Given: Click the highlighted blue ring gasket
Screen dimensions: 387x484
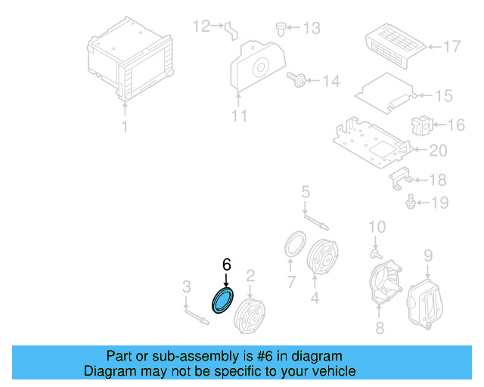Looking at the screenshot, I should point(223,300).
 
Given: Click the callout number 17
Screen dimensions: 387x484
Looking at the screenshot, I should point(451,47).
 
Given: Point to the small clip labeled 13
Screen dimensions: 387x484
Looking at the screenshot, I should point(280,29).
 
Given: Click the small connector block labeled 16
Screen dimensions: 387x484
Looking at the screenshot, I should point(420,125).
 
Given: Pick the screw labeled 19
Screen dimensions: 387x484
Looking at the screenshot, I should point(411,201).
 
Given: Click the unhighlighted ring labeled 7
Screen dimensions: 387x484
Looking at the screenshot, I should point(293,246).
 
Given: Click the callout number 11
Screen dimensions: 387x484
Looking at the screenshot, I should point(239,116).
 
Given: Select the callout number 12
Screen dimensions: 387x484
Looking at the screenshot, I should point(201,26).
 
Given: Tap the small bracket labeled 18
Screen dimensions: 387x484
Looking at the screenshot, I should point(401,178).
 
